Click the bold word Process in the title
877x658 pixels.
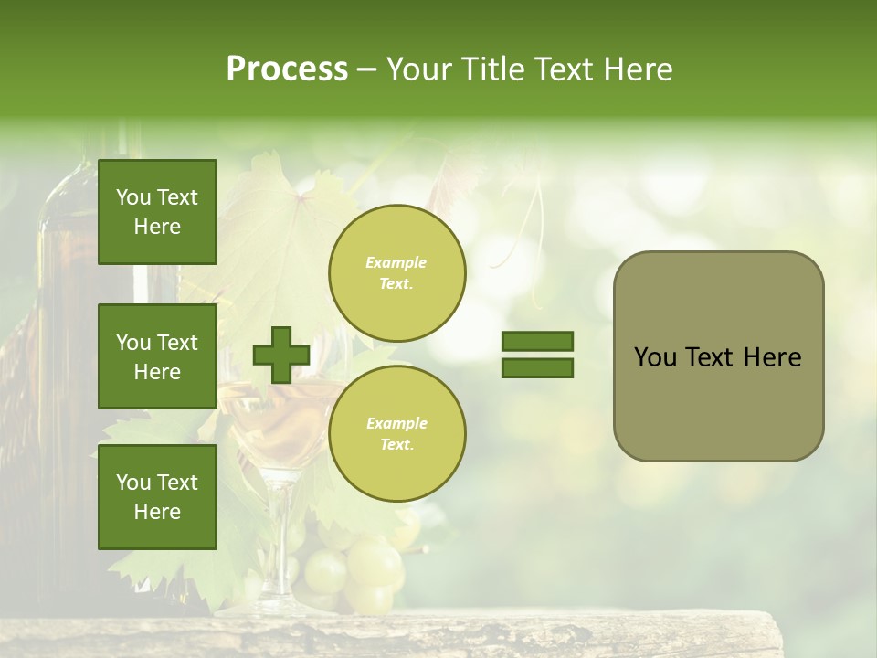pyautogui.click(x=287, y=69)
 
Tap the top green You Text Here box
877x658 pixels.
pyautogui.click(x=157, y=212)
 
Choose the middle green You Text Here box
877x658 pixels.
pyautogui.click(x=157, y=356)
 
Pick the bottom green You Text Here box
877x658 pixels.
pyautogui.click(x=157, y=497)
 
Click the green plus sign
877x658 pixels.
pyautogui.click(x=280, y=355)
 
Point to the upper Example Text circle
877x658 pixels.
pyautogui.click(x=396, y=273)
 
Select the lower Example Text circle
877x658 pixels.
pyautogui.click(x=396, y=434)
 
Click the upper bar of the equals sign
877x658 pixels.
pyautogui.click(x=537, y=342)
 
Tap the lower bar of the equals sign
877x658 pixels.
pyautogui.click(x=537, y=368)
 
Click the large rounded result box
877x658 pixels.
pyautogui.click(x=718, y=356)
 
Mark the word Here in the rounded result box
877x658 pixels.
pyautogui.click(x=772, y=357)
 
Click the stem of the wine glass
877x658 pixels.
pyautogui.click(x=274, y=539)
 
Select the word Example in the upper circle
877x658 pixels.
pyautogui.click(x=396, y=262)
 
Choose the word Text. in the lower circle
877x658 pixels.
pyautogui.click(x=396, y=445)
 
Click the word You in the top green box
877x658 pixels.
pyautogui.click(x=132, y=197)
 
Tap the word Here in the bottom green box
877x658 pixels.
pyautogui.click(x=157, y=512)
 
